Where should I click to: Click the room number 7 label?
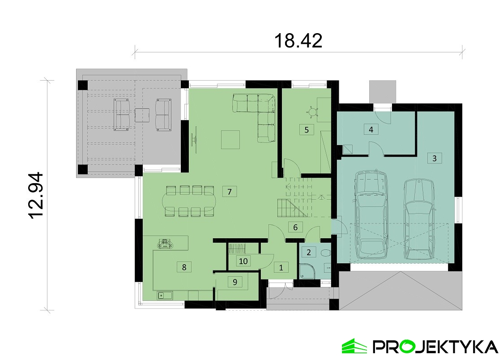[230, 192]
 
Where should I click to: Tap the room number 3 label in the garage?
[435, 158]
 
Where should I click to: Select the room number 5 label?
[307, 129]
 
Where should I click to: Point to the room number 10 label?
[243, 261]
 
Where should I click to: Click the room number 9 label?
[235, 282]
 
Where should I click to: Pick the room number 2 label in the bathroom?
[309, 252]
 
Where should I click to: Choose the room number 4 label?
[371, 129]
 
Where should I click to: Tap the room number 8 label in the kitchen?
[184, 267]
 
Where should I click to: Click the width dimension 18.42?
[298, 41]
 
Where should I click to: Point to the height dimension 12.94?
[36, 196]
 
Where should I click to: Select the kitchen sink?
[165, 295]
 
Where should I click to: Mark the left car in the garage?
[371, 214]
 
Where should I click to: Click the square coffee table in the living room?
[230, 139]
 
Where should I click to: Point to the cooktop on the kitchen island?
[165, 244]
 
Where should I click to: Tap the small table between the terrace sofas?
[142, 115]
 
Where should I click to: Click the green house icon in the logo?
[354, 346]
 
